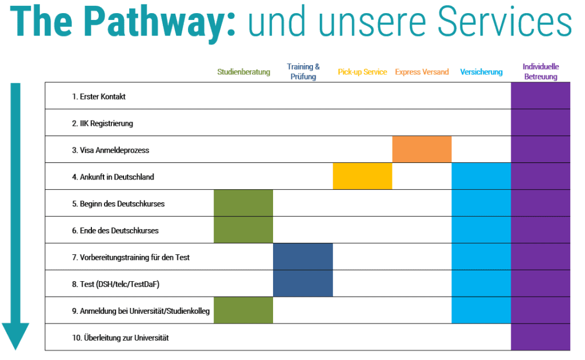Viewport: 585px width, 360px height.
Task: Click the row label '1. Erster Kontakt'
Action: point(99,97)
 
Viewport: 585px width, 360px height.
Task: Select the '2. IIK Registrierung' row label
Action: point(103,123)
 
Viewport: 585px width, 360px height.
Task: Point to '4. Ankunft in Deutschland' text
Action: point(113,177)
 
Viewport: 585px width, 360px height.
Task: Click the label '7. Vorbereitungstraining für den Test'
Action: point(131,258)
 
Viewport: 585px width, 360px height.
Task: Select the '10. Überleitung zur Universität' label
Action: point(121,338)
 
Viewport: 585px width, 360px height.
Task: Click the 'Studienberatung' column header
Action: point(243,72)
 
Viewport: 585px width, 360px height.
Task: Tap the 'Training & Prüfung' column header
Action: point(303,71)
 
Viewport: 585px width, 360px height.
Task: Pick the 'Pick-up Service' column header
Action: point(362,72)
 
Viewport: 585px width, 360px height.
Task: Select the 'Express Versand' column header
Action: point(422,72)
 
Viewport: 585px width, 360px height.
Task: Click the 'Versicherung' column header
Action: point(481,72)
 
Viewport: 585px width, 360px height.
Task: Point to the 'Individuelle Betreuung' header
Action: point(540,71)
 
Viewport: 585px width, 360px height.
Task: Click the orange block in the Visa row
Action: point(422,150)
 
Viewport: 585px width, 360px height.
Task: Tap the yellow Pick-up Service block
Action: point(362,177)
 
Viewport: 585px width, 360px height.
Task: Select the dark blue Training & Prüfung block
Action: point(303,270)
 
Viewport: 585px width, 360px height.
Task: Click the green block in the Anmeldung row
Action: point(243,310)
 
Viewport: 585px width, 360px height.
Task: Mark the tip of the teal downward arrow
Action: point(15,348)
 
